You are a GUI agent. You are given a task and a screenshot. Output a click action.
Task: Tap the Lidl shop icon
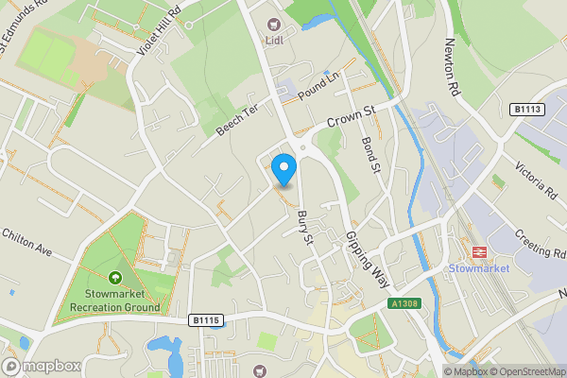[x=276, y=25]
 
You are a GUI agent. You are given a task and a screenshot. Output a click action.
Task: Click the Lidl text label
[x=276, y=42]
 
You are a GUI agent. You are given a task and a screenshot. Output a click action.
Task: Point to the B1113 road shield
[x=528, y=110]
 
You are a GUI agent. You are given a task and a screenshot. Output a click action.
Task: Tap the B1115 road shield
[x=204, y=320]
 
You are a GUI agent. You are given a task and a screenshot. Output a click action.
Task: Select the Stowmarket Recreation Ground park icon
[x=115, y=278]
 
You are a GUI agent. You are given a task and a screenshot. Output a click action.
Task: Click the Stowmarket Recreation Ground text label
[x=115, y=301]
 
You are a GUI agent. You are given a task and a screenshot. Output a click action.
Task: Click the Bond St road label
[x=369, y=155]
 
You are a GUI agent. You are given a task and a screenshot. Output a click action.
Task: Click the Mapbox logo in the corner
[x=40, y=366]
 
